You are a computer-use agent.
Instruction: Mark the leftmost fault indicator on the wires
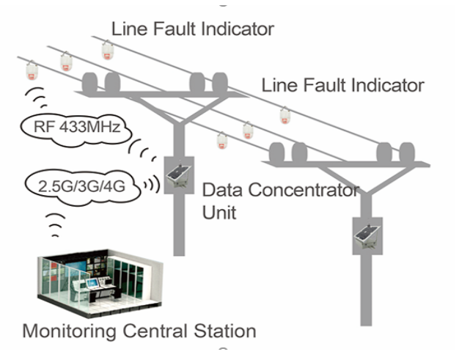click(32, 71)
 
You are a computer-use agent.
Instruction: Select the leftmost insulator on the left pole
click(92, 81)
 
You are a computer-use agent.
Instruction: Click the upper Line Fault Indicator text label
click(192, 29)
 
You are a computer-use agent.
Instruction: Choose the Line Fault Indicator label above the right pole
click(342, 85)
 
